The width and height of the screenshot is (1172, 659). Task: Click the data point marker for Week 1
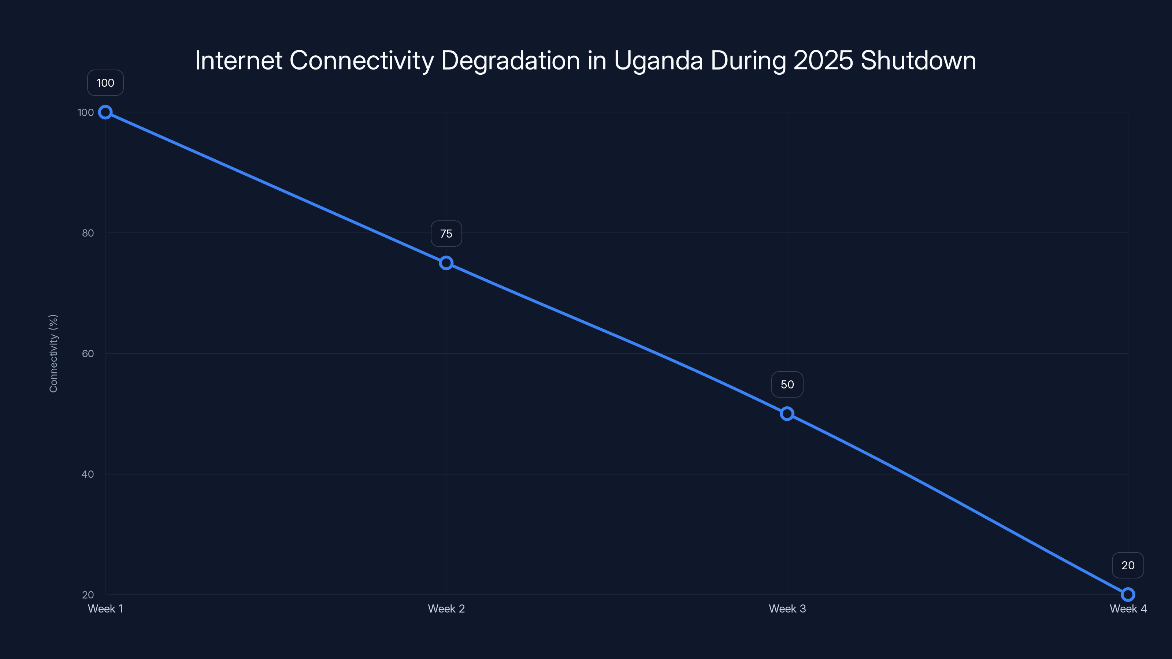(x=105, y=112)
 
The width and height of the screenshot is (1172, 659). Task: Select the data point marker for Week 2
(x=446, y=263)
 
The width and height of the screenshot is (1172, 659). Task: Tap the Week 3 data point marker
(x=787, y=413)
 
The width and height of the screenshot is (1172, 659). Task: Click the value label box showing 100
(x=105, y=83)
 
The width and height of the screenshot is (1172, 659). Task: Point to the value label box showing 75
(x=446, y=234)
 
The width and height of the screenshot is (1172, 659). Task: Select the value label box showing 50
(x=787, y=384)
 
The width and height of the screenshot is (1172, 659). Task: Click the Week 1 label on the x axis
(x=105, y=608)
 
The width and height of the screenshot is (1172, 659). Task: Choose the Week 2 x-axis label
(x=446, y=608)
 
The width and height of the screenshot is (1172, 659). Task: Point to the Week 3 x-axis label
(x=787, y=608)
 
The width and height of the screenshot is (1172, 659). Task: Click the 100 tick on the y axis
(x=86, y=112)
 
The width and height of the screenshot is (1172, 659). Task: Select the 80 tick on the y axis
(x=88, y=233)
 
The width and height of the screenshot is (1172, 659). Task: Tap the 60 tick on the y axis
(x=88, y=353)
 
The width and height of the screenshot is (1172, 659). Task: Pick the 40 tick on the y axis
(x=88, y=474)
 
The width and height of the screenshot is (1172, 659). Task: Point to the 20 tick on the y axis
(x=88, y=595)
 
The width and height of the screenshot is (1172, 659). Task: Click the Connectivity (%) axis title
(x=53, y=353)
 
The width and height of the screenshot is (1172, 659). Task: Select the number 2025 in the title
(x=823, y=60)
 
